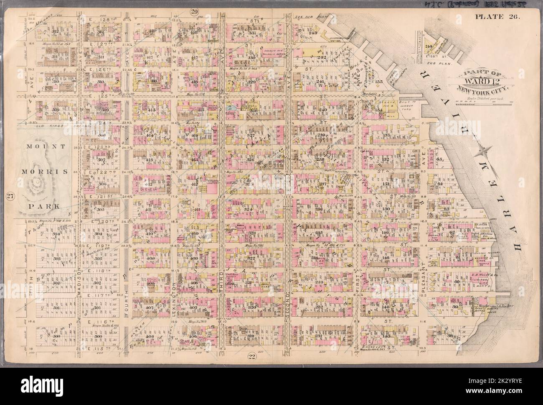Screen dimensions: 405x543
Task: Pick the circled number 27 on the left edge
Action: click(x=9, y=196)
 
